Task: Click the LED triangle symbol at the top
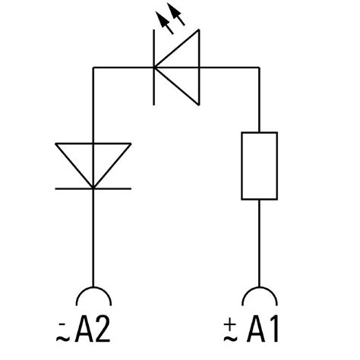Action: [x=181, y=68]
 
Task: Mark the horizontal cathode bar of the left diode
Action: [x=93, y=188]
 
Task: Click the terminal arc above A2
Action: [x=93, y=295]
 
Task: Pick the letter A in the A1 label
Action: [x=254, y=330]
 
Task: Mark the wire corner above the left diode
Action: [x=93, y=68]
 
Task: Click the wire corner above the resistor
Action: [x=260, y=68]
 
